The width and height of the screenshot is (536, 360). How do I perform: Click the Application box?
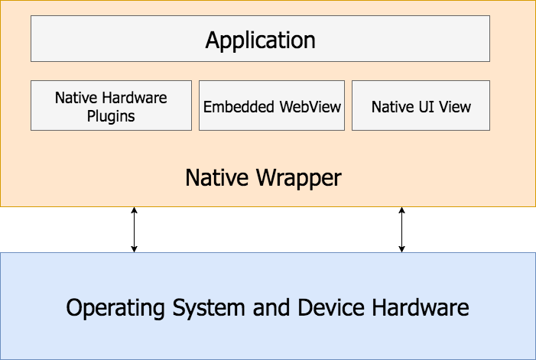260,38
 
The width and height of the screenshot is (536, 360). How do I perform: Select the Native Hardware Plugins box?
111,105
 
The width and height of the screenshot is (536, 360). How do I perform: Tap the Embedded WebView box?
271,105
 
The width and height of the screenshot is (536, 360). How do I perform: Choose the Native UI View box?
421,105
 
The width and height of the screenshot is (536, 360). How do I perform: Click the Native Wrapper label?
263,177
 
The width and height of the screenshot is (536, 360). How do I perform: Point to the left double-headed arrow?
134,229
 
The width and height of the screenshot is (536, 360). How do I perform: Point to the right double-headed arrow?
401,229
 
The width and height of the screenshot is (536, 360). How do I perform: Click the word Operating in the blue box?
115,308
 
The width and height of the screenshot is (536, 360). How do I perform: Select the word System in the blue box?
209,308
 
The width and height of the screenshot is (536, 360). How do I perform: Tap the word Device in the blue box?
331,307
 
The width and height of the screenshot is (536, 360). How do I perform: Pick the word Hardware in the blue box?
421,307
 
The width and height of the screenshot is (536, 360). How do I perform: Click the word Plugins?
111,116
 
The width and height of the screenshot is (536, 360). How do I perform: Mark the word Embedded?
239,106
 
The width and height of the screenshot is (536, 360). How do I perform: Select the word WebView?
310,106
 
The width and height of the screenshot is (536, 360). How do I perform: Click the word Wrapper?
299,178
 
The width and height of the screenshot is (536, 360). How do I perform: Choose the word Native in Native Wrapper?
216,177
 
